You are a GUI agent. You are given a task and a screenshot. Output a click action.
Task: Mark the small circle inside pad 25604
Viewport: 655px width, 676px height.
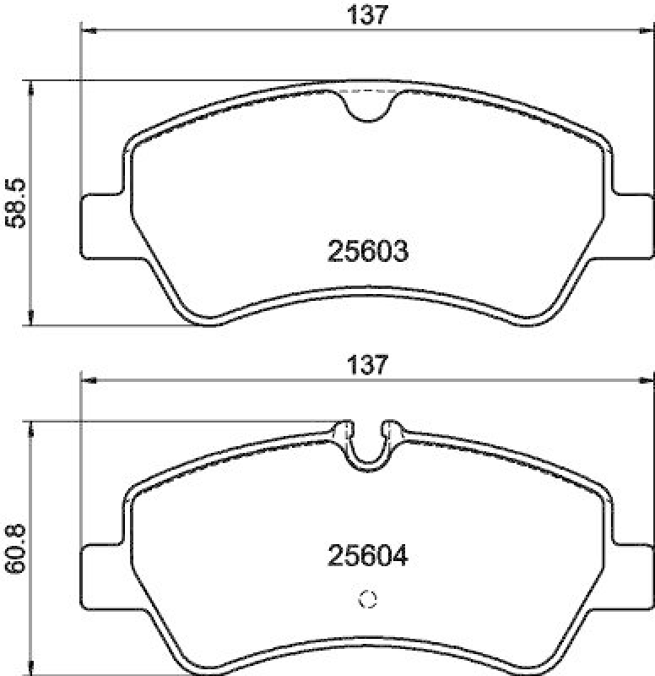click(367, 600)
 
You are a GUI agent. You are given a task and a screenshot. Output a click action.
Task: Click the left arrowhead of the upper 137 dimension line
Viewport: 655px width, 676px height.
click(85, 32)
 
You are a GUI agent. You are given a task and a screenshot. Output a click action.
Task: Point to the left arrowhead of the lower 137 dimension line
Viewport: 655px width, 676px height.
click(85, 380)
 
